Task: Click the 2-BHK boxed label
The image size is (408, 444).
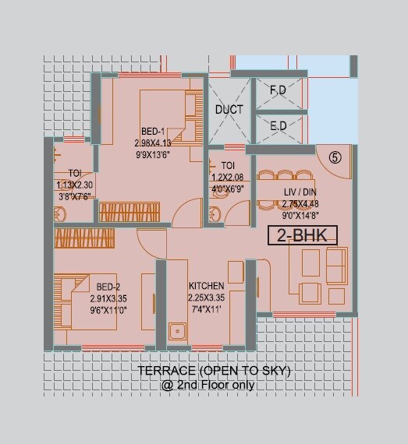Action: (x=303, y=235)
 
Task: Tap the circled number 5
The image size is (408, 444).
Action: (x=335, y=157)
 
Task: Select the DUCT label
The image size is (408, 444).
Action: (x=229, y=110)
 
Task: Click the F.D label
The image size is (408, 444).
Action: (x=278, y=90)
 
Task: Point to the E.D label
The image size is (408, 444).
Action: (x=278, y=126)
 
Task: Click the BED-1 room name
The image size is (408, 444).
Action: (x=153, y=132)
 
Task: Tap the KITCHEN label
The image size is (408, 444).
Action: (x=206, y=287)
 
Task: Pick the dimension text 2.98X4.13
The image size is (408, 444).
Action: (x=153, y=143)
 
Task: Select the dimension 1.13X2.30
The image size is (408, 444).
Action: (x=75, y=185)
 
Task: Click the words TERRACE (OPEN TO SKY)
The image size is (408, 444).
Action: (x=214, y=372)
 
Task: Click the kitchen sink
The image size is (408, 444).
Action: (x=177, y=332)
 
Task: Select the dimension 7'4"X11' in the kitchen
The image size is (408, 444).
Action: (x=206, y=308)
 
